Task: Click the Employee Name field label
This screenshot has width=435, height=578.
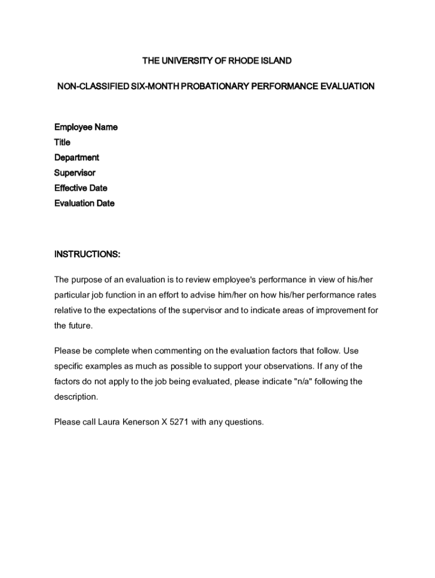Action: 86,127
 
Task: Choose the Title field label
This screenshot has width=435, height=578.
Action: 62,142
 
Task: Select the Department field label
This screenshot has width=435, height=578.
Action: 76,157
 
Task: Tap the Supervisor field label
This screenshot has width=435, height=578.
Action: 75,173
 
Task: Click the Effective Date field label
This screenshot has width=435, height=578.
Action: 81,188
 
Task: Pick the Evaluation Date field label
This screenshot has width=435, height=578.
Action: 84,203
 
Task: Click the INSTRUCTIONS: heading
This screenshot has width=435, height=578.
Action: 87,254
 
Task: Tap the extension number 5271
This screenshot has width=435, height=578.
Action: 179,422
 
